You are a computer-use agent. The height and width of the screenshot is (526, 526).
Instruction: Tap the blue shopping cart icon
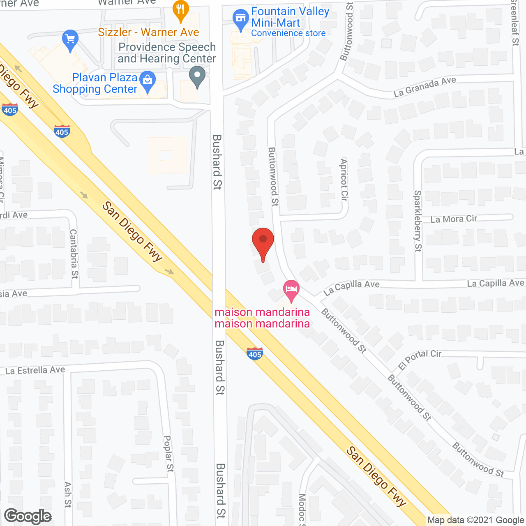coord(70,40)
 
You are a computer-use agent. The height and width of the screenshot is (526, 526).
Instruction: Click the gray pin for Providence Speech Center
coord(197,77)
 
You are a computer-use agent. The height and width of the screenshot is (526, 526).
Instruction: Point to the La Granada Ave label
coord(424,87)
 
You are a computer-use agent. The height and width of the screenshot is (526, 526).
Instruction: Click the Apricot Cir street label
coord(344,180)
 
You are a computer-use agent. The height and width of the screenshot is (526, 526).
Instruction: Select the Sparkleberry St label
coord(418,221)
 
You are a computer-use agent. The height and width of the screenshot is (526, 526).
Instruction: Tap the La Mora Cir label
coord(454,219)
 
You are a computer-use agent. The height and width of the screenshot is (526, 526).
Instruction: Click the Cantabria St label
coord(74,254)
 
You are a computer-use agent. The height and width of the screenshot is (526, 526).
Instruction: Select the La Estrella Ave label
coord(35,370)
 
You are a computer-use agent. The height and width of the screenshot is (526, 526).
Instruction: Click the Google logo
coord(28,516)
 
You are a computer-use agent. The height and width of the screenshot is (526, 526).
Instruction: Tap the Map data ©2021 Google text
coord(475,520)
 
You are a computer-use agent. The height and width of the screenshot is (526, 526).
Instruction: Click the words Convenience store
coord(288,33)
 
